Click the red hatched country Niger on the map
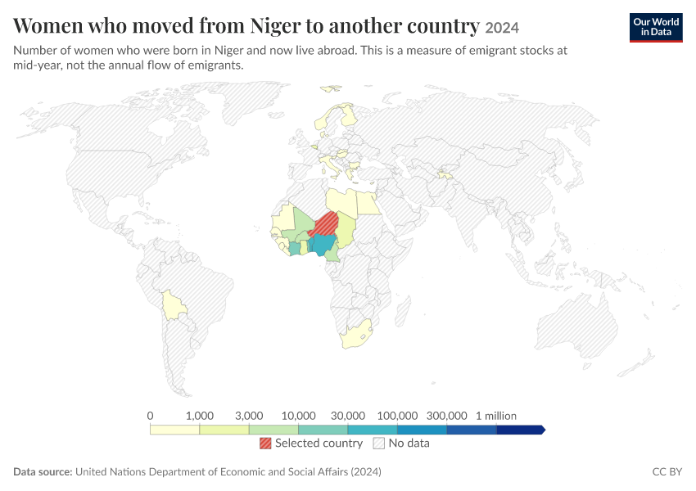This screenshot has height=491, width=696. (x=325, y=225)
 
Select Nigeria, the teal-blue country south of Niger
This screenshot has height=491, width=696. (x=323, y=245)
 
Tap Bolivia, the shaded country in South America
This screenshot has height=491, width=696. (x=174, y=305)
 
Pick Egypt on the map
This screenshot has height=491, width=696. (x=368, y=203)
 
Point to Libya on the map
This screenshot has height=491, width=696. (x=341, y=202)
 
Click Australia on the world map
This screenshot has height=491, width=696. (x=576, y=328)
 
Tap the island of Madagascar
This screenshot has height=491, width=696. (x=402, y=312)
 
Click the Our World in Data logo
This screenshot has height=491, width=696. (x=656, y=28)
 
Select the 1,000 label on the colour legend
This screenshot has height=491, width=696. (x=199, y=416)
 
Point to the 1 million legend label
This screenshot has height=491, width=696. (x=496, y=416)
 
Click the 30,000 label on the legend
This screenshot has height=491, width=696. (x=347, y=416)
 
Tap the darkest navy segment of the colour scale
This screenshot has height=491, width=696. (x=520, y=430)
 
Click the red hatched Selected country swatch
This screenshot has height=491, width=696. (x=265, y=443)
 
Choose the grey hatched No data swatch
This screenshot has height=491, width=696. (x=378, y=443)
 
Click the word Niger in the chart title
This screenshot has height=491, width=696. (x=275, y=25)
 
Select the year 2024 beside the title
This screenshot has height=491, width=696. (x=502, y=28)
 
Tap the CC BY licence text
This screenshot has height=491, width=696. (x=667, y=471)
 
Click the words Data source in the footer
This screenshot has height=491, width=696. (x=43, y=471)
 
